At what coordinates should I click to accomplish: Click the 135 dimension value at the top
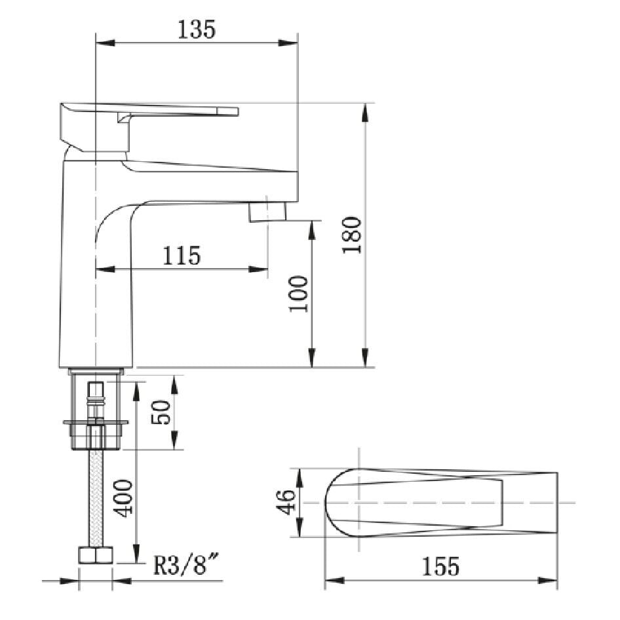[196, 29]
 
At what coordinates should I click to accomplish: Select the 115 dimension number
[181, 255]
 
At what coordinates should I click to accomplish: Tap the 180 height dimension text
[352, 234]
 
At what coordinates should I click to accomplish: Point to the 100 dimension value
[298, 294]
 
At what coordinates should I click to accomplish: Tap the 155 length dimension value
[440, 566]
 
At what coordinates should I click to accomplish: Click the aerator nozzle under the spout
[268, 212]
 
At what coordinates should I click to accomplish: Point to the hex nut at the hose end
[96, 555]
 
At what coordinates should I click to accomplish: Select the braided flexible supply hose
[96, 498]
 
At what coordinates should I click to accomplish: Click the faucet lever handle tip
[233, 111]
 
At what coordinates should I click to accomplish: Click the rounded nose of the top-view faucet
[331, 503]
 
